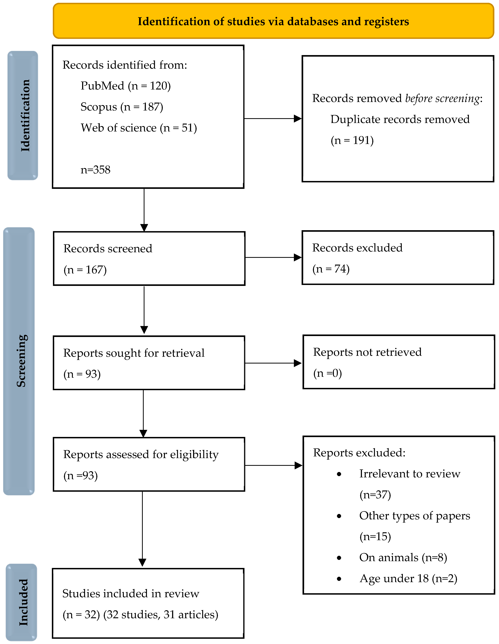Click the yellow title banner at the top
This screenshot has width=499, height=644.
coord(273,21)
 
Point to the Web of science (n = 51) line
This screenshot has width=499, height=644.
coord(139,128)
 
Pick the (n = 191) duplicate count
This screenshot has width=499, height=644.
coord(352,140)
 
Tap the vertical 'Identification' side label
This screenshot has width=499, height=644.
coord(25,116)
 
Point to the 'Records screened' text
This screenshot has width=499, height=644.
coord(108,249)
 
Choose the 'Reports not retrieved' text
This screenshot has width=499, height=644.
coord(367,352)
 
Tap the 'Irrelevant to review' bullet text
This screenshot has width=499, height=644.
coord(409,474)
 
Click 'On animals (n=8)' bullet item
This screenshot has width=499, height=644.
coord(403,557)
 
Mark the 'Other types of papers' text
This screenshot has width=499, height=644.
coord(414,515)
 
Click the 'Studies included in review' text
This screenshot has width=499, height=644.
coord(131,594)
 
